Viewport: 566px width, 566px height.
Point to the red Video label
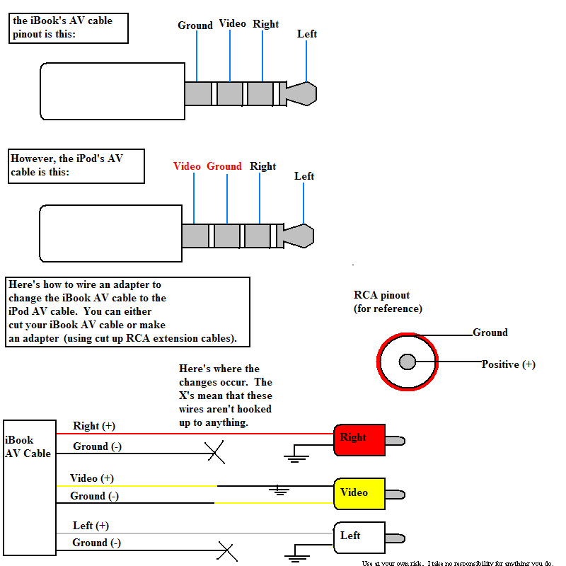click(187, 166)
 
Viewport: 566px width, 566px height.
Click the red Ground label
click(224, 166)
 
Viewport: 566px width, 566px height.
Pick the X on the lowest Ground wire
click(226, 550)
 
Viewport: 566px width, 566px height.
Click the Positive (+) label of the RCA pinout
click(508, 364)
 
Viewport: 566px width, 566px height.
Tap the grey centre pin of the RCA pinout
click(407, 362)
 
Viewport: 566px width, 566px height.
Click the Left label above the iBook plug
click(307, 34)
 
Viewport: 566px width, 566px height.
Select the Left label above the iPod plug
click(304, 176)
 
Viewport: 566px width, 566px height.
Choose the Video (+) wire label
click(92, 478)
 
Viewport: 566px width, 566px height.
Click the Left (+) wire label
click(91, 526)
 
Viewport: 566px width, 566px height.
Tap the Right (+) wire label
click(93, 426)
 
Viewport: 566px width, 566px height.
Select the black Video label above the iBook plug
click(232, 23)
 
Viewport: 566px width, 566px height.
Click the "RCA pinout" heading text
click(381, 295)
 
